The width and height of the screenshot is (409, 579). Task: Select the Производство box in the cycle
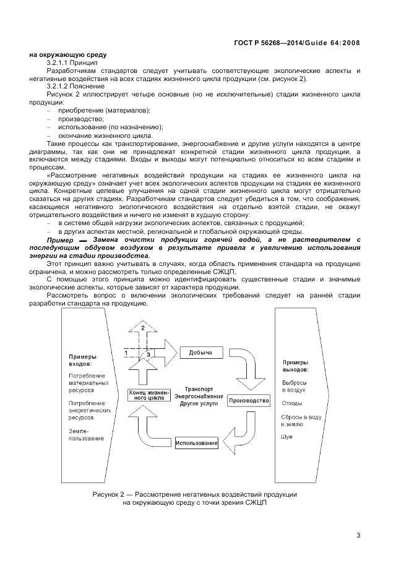pyautogui.click(x=249, y=401)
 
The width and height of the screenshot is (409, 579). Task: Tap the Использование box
pyautogui.click(x=196, y=444)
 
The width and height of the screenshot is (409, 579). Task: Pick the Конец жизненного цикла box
pyautogui.click(x=147, y=396)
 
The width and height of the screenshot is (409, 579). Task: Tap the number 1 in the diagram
pyautogui.click(x=126, y=352)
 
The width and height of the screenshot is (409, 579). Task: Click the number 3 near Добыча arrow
pyautogui.click(x=148, y=354)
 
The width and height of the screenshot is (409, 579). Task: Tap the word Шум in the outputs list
pyautogui.click(x=286, y=437)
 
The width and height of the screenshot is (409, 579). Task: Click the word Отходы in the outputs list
pyautogui.click(x=291, y=403)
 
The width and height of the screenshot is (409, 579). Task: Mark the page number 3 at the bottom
pyautogui.click(x=358, y=535)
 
